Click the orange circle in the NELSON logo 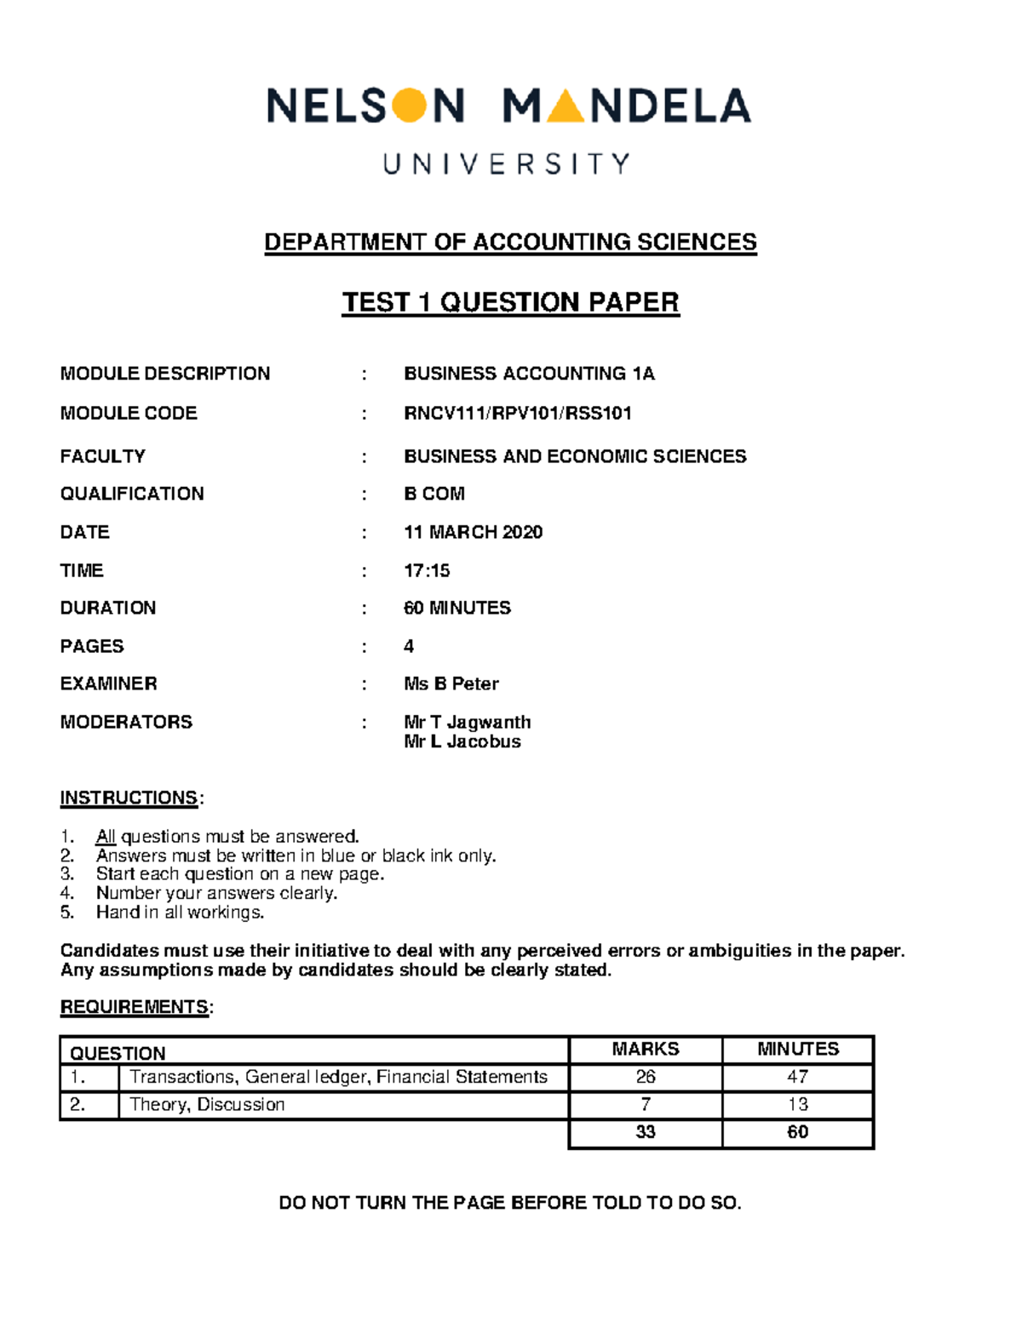point(411,106)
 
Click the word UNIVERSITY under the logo point(508,163)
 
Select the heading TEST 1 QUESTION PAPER point(510,302)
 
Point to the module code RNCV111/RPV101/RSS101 point(518,414)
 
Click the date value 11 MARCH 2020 point(473,532)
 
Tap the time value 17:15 point(427,570)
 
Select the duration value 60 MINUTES point(457,608)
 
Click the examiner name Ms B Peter point(451,684)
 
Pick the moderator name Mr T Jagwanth point(468,722)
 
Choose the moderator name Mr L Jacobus point(462,741)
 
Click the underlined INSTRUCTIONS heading point(129,798)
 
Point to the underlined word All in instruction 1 point(106,836)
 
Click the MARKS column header point(646,1049)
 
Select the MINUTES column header point(798,1049)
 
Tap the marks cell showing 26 point(646,1077)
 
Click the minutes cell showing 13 point(798,1104)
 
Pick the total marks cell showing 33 point(646,1132)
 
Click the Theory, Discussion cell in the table point(207,1104)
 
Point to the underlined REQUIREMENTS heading point(135,1007)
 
